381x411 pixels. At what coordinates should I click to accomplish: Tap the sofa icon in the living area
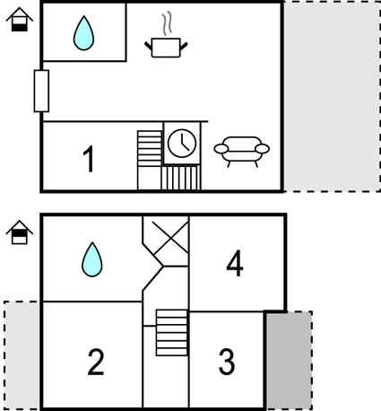click(242, 151)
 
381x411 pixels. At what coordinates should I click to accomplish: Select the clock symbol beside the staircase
click(182, 143)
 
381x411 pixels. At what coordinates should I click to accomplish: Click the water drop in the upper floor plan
click(83, 33)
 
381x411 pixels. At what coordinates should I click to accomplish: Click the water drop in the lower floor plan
click(92, 259)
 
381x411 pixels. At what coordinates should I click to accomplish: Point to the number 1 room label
click(89, 159)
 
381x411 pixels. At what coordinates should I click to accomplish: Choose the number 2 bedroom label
click(96, 362)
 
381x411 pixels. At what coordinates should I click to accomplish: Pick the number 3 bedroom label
click(227, 362)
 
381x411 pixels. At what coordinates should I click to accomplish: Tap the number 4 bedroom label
click(235, 263)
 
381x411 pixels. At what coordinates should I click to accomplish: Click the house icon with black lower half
click(20, 20)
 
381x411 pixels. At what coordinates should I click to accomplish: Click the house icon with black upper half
click(20, 232)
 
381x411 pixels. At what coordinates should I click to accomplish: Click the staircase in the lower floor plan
click(172, 333)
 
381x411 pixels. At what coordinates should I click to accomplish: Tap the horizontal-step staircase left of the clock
click(150, 148)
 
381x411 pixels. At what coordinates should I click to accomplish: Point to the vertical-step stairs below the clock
click(180, 178)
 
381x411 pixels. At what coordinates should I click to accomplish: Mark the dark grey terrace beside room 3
click(290, 361)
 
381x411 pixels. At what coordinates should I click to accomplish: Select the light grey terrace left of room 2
click(22, 355)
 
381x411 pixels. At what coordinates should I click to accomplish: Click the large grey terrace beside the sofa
click(332, 96)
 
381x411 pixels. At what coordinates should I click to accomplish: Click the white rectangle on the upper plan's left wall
click(41, 91)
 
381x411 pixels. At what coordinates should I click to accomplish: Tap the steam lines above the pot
click(168, 23)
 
